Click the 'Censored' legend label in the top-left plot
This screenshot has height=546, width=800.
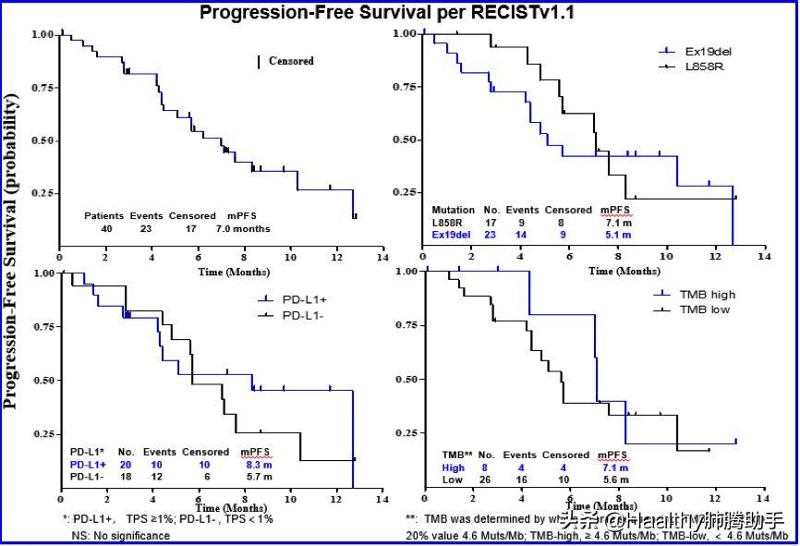291,62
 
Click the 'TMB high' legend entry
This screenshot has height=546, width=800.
708,295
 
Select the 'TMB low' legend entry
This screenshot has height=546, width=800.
705,309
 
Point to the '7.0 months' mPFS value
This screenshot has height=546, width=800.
243,227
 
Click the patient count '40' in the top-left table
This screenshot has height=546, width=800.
106,227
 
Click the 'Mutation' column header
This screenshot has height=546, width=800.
453,210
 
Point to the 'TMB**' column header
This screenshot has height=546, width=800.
457,455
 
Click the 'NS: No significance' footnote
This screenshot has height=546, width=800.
115,536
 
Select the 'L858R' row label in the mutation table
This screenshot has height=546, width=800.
448,223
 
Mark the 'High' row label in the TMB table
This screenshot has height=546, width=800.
453,467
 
